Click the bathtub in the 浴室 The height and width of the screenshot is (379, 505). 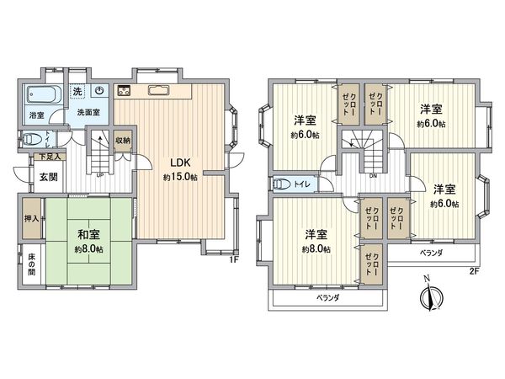pos(38,94)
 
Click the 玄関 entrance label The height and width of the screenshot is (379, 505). pos(47,176)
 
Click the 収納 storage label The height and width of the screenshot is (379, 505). pos(123,141)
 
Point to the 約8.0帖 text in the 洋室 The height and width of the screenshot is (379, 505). pos(316,248)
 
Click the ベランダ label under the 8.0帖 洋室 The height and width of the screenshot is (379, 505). pos(328,298)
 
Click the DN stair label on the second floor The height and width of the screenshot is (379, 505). pos(373,175)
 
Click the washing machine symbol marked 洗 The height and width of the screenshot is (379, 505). pos(77,91)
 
